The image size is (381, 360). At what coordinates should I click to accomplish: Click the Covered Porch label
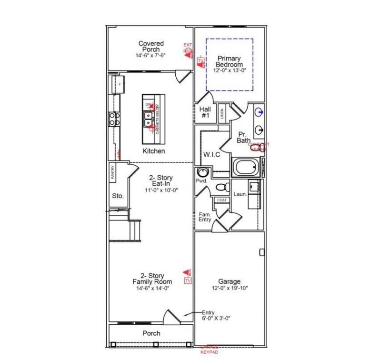pos(151,46)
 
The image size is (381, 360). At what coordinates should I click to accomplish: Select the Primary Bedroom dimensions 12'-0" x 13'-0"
pos(229,70)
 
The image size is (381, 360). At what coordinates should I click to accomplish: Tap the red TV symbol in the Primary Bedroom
pos(201,62)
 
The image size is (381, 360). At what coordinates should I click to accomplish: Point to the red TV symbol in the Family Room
pos(188,280)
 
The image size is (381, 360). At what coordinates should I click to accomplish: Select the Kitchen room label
pos(154,151)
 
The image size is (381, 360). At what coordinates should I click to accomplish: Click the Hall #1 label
pos(205,112)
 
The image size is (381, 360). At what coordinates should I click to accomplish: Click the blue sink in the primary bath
pos(259,112)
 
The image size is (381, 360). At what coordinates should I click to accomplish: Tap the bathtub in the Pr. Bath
pos(246,168)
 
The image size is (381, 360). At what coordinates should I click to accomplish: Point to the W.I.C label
pos(211,154)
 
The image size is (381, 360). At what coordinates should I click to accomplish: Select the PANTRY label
pos(113,172)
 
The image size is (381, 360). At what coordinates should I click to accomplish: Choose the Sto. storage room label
pos(118,196)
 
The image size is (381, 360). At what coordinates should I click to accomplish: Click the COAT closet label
pos(221,200)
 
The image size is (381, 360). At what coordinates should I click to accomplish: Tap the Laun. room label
pos(240,194)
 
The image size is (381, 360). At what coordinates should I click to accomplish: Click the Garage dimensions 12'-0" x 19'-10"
pos(230,288)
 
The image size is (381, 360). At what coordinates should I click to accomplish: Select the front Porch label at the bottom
pos(151,333)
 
